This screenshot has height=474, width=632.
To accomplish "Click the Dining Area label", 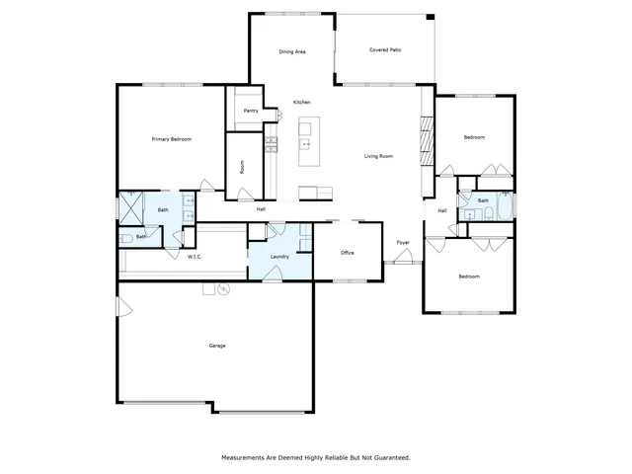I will click(x=291, y=51).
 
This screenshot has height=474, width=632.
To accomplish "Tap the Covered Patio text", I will click(x=385, y=49).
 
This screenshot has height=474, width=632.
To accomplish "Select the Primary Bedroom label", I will click(x=171, y=139).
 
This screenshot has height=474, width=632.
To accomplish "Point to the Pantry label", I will click(x=251, y=111).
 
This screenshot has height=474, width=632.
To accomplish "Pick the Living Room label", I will click(x=379, y=156).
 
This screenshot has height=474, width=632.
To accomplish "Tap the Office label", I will click(x=348, y=253).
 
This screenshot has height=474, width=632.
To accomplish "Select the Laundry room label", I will click(x=279, y=257).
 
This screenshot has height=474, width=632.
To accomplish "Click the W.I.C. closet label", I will click(x=196, y=257).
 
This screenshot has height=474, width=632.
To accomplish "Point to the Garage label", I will click(x=217, y=346).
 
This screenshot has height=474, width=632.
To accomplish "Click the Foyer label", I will click(x=403, y=242).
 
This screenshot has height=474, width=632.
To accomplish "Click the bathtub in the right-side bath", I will click(x=503, y=206).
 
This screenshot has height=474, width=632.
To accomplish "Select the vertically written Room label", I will click(x=243, y=167).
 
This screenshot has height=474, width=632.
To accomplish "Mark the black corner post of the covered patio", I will click(x=430, y=16).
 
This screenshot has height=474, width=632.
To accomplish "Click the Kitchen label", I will click(x=302, y=103).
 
